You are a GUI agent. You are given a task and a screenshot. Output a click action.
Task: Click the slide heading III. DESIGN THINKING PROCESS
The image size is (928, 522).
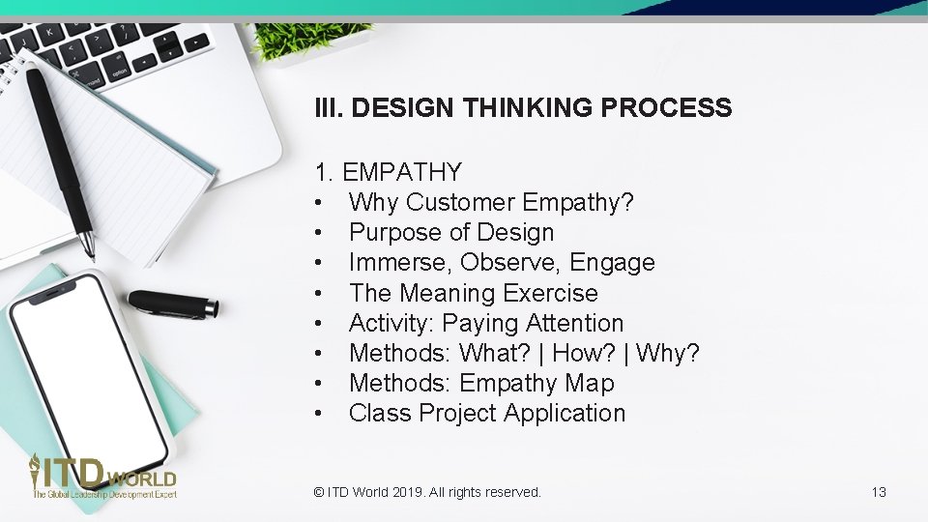[x=523, y=108]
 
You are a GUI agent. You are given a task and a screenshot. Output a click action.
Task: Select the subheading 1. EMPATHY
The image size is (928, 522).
[x=388, y=173]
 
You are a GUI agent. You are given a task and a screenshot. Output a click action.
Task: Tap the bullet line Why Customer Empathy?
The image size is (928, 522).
[x=491, y=203]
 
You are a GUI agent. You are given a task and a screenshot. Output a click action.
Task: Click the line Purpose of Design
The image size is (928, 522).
[x=451, y=233]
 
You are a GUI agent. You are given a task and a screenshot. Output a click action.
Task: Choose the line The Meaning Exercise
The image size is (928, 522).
[x=473, y=293]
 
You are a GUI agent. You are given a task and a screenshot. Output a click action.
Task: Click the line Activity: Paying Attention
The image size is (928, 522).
[x=486, y=323]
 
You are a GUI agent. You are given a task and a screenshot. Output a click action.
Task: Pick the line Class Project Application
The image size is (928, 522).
[x=487, y=414]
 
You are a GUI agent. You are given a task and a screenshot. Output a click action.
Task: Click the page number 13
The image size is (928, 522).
[x=879, y=492]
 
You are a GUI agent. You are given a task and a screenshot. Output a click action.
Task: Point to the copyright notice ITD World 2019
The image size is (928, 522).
[x=427, y=492]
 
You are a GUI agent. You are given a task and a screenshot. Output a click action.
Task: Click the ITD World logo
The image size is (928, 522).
[x=102, y=478]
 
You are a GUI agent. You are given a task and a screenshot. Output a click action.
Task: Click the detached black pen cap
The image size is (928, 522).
[x=173, y=304]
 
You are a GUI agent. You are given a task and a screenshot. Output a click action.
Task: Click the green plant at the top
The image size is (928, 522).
[x=307, y=39]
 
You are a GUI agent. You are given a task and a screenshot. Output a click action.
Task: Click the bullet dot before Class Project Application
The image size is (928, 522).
[x=318, y=414]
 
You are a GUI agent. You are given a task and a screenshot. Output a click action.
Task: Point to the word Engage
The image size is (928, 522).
[x=612, y=263]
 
